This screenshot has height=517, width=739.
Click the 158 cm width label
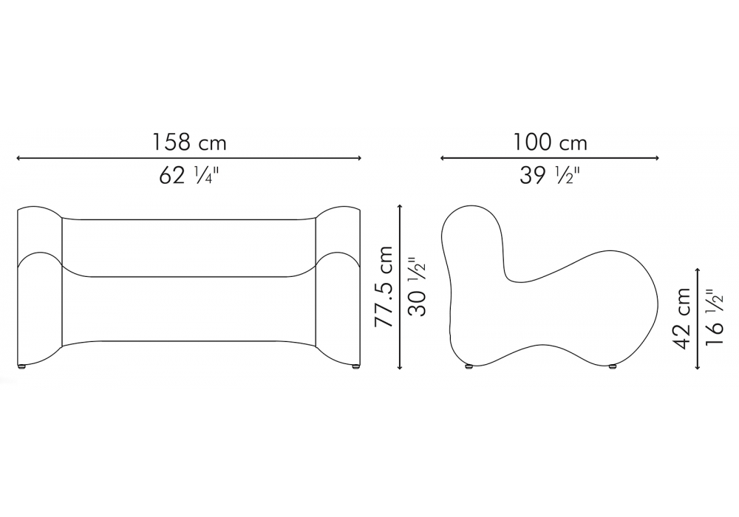click(x=189, y=143)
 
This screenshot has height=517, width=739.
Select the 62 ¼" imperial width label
click(x=189, y=176)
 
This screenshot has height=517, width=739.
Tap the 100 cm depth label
click(x=550, y=143)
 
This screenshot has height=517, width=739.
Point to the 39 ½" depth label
click(x=550, y=176)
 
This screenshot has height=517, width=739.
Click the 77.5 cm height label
click(x=383, y=287)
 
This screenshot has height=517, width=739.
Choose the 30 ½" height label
click(x=417, y=287)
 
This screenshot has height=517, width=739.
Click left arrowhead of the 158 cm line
click(x=18, y=158)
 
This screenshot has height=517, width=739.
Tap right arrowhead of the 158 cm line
click(x=360, y=158)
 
